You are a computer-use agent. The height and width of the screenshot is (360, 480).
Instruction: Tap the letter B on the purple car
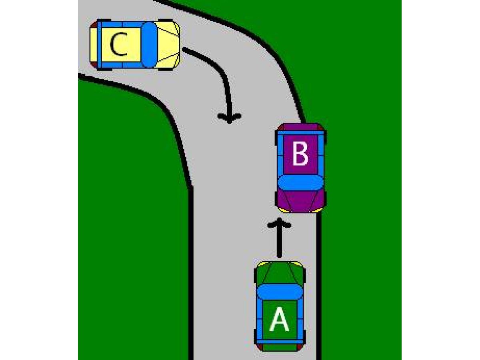click(300, 154)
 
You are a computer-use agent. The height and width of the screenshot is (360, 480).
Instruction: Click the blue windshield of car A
click(280, 292)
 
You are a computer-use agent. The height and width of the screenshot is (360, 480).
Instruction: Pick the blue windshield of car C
click(149, 44)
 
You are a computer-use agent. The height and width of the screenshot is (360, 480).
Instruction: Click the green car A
click(280, 306)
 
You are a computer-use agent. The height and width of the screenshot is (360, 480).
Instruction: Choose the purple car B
click(300, 168)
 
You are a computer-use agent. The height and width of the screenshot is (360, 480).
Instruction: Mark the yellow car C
click(134, 44)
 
